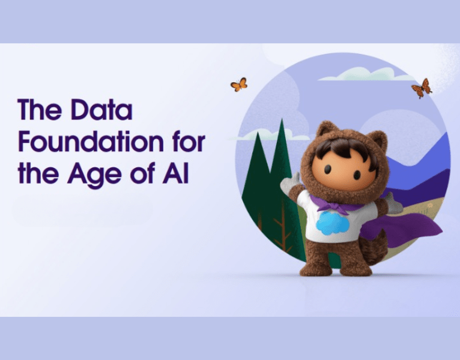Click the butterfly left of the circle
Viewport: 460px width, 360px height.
click(239, 85)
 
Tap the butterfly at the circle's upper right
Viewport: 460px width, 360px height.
click(422, 88)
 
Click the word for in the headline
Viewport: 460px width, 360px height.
click(187, 143)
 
